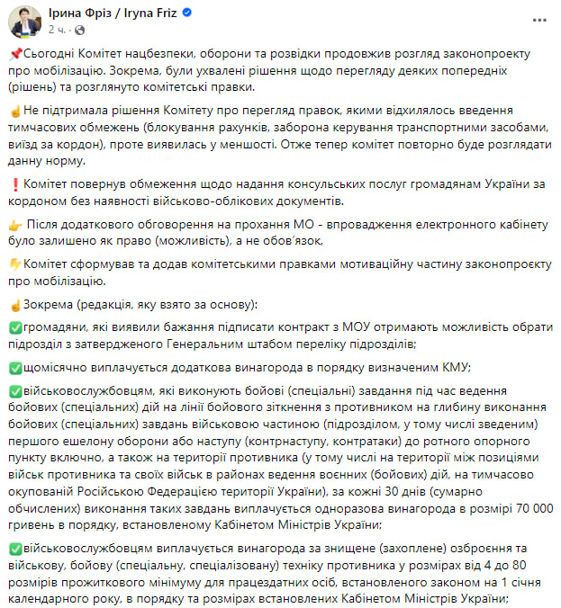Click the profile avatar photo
pyautogui.click(x=24, y=22)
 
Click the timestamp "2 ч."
pyautogui.click(x=56, y=30)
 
